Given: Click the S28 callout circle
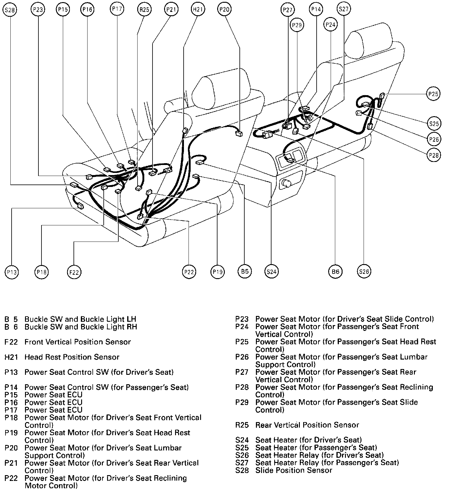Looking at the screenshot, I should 10,10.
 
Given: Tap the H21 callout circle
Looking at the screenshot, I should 197,10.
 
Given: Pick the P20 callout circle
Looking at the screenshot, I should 224,10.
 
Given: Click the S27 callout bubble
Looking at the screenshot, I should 343,9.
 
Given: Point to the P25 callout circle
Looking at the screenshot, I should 433,94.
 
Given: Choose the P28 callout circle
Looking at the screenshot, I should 433,155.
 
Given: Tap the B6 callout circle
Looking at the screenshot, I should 335,271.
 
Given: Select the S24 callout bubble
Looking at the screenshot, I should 271,271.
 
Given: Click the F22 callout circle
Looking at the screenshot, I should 74,272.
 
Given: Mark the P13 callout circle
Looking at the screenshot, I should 12,272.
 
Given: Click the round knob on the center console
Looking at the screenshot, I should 286,183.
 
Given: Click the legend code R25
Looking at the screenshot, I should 242,425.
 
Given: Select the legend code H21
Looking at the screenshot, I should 11,357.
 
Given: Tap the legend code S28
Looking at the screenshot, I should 242,470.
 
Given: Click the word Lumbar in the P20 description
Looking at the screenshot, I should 169,448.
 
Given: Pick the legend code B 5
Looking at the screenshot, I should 11,319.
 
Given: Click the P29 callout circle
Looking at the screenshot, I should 296,25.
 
